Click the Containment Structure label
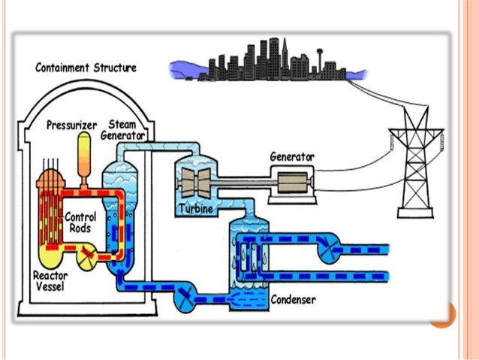coord(86,68)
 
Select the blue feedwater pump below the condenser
coord(183,300)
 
